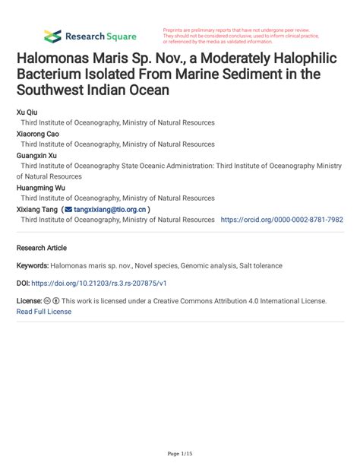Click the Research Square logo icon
coord(52,36)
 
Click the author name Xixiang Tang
coord(37,208)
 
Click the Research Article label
coord(42,248)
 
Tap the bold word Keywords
coord(33,266)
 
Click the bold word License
coord(29,301)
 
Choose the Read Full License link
coord(44,312)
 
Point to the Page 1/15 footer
coord(180,454)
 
